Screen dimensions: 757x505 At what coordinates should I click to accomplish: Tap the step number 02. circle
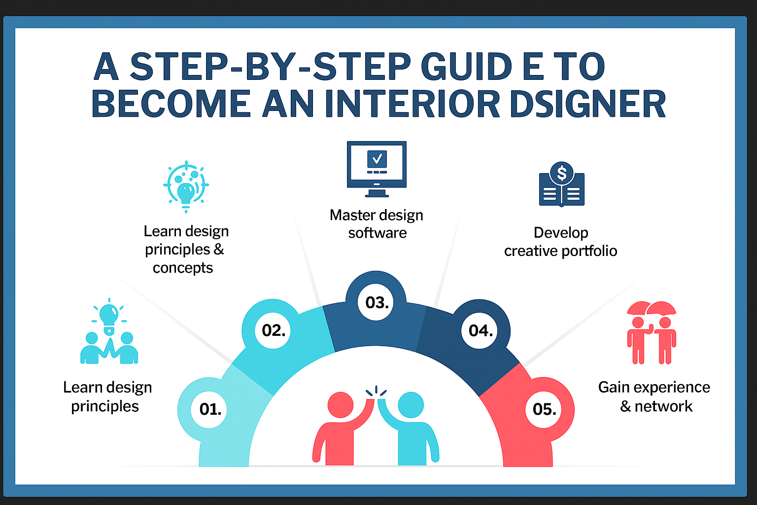pos(273,330)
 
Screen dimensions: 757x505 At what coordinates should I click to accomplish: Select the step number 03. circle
pos(376,302)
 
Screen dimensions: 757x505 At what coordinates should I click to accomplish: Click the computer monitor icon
pos(377,169)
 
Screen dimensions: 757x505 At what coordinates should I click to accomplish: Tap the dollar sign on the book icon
pos(561,173)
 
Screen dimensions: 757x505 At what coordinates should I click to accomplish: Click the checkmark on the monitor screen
pos(377,158)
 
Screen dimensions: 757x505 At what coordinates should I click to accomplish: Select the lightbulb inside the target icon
pos(186,193)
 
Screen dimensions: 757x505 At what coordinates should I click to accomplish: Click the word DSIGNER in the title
pos(587,104)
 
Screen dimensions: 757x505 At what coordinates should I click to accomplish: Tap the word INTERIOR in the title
pos(413,104)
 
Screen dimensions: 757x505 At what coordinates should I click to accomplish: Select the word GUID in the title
pos(467,66)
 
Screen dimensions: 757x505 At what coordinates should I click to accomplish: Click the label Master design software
pos(377,224)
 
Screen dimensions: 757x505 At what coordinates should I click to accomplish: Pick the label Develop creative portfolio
pos(561,242)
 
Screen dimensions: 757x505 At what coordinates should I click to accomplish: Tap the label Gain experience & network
pos(654,397)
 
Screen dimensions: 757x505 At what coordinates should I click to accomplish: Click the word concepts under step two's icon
pos(183,268)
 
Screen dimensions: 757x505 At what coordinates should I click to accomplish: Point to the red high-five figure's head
pos(341,405)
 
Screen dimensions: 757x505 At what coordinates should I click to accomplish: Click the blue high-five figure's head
pos(411,405)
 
